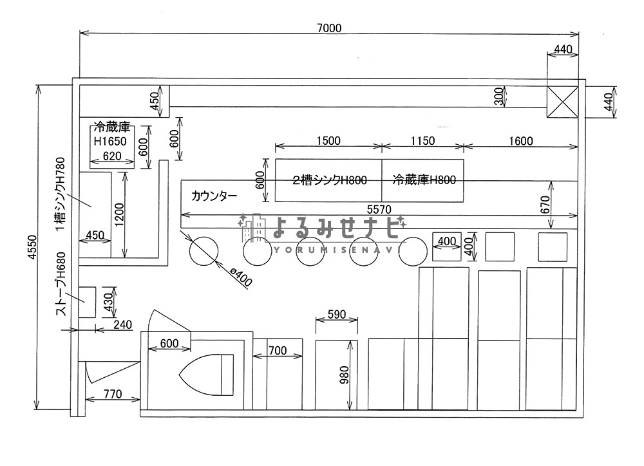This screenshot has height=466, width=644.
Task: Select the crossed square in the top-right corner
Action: coord(562,102)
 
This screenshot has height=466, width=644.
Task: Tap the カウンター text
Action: coord(214,195)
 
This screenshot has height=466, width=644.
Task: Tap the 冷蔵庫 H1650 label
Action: coord(111,134)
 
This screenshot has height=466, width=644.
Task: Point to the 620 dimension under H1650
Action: coord(111,156)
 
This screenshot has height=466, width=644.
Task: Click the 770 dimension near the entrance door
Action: coord(113,394)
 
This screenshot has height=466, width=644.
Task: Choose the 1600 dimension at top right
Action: coord(520,141)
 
